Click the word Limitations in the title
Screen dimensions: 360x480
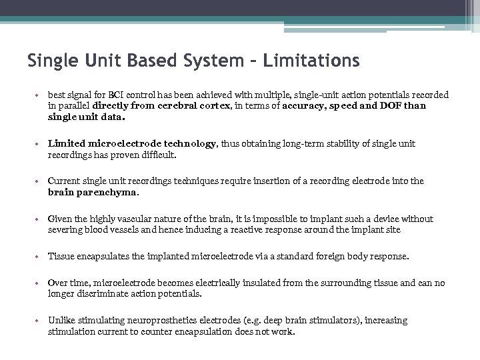tap(312, 61)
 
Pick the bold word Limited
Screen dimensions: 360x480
tap(66, 143)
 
